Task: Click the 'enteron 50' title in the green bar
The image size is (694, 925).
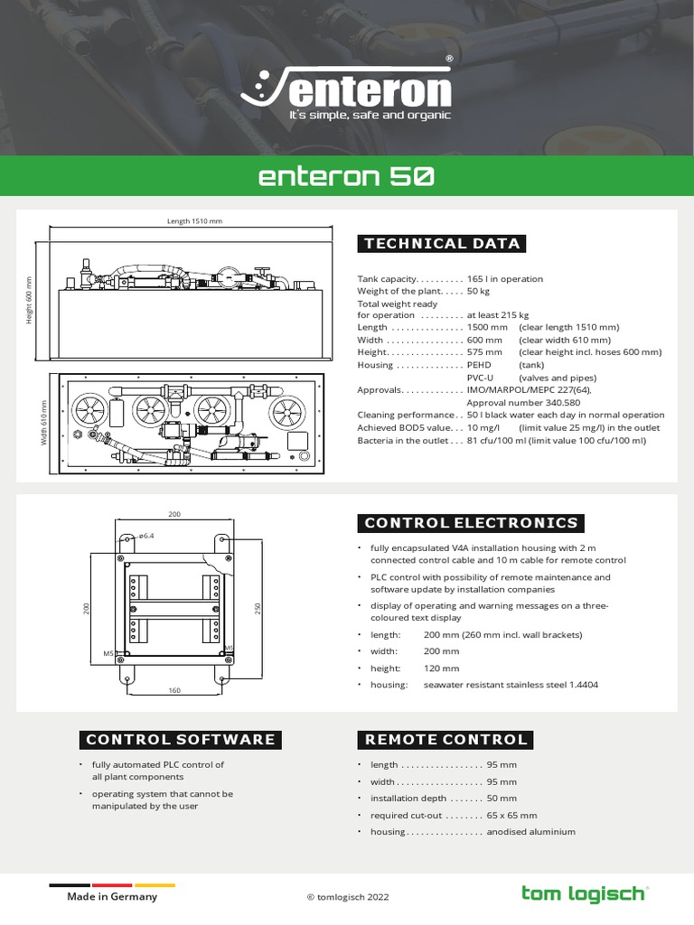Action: tap(347, 176)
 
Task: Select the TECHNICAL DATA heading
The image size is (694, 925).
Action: tap(441, 243)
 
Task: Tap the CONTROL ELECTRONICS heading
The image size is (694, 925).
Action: tap(470, 523)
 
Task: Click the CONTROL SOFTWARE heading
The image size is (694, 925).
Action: tap(180, 739)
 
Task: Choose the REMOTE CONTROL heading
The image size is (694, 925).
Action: tap(445, 739)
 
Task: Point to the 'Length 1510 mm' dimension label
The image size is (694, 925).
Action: tap(194, 221)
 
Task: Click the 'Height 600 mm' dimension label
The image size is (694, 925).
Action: tap(29, 300)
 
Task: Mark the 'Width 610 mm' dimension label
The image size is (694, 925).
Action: tap(42, 422)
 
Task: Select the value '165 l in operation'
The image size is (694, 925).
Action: tap(505, 279)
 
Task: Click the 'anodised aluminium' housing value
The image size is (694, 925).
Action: tap(530, 832)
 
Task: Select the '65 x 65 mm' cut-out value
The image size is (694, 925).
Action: tap(511, 815)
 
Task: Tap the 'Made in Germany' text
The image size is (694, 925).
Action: tap(112, 896)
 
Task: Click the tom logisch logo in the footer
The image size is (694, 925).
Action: tap(584, 893)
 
